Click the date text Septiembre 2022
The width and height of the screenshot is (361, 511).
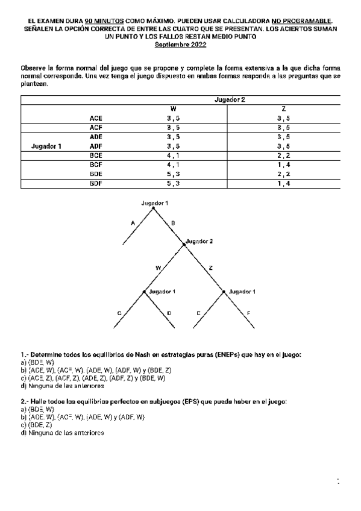[x=180, y=45]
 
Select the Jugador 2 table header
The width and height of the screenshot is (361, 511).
[x=230, y=99]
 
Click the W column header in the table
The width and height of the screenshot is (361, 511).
[x=174, y=108]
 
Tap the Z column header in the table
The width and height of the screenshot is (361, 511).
[x=284, y=108]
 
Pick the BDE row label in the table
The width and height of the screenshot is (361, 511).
[x=96, y=174]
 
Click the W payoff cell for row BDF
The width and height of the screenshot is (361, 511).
[x=174, y=184]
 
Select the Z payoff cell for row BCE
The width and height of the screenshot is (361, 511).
[x=284, y=155]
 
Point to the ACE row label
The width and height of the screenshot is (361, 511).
[x=96, y=118]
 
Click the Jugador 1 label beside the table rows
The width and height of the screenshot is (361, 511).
[x=46, y=146]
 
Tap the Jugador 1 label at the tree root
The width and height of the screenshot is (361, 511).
[x=154, y=203]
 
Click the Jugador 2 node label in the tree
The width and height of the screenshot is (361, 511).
[x=199, y=241]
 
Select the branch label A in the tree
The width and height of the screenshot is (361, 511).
[x=132, y=223]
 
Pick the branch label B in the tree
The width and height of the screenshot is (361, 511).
[x=173, y=223]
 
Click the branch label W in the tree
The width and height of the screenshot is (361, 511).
[x=158, y=267]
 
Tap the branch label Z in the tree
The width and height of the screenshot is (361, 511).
[x=210, y=267]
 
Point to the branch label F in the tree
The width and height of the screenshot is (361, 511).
[x=249, y=313]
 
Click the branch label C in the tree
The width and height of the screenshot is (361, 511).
[x=119, y=313]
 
